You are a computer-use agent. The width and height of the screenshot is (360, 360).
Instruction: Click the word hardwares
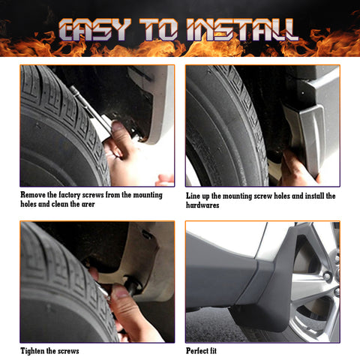tap(202, 205)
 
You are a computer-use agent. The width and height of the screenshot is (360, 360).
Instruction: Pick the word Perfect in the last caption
tap(199, 350)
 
